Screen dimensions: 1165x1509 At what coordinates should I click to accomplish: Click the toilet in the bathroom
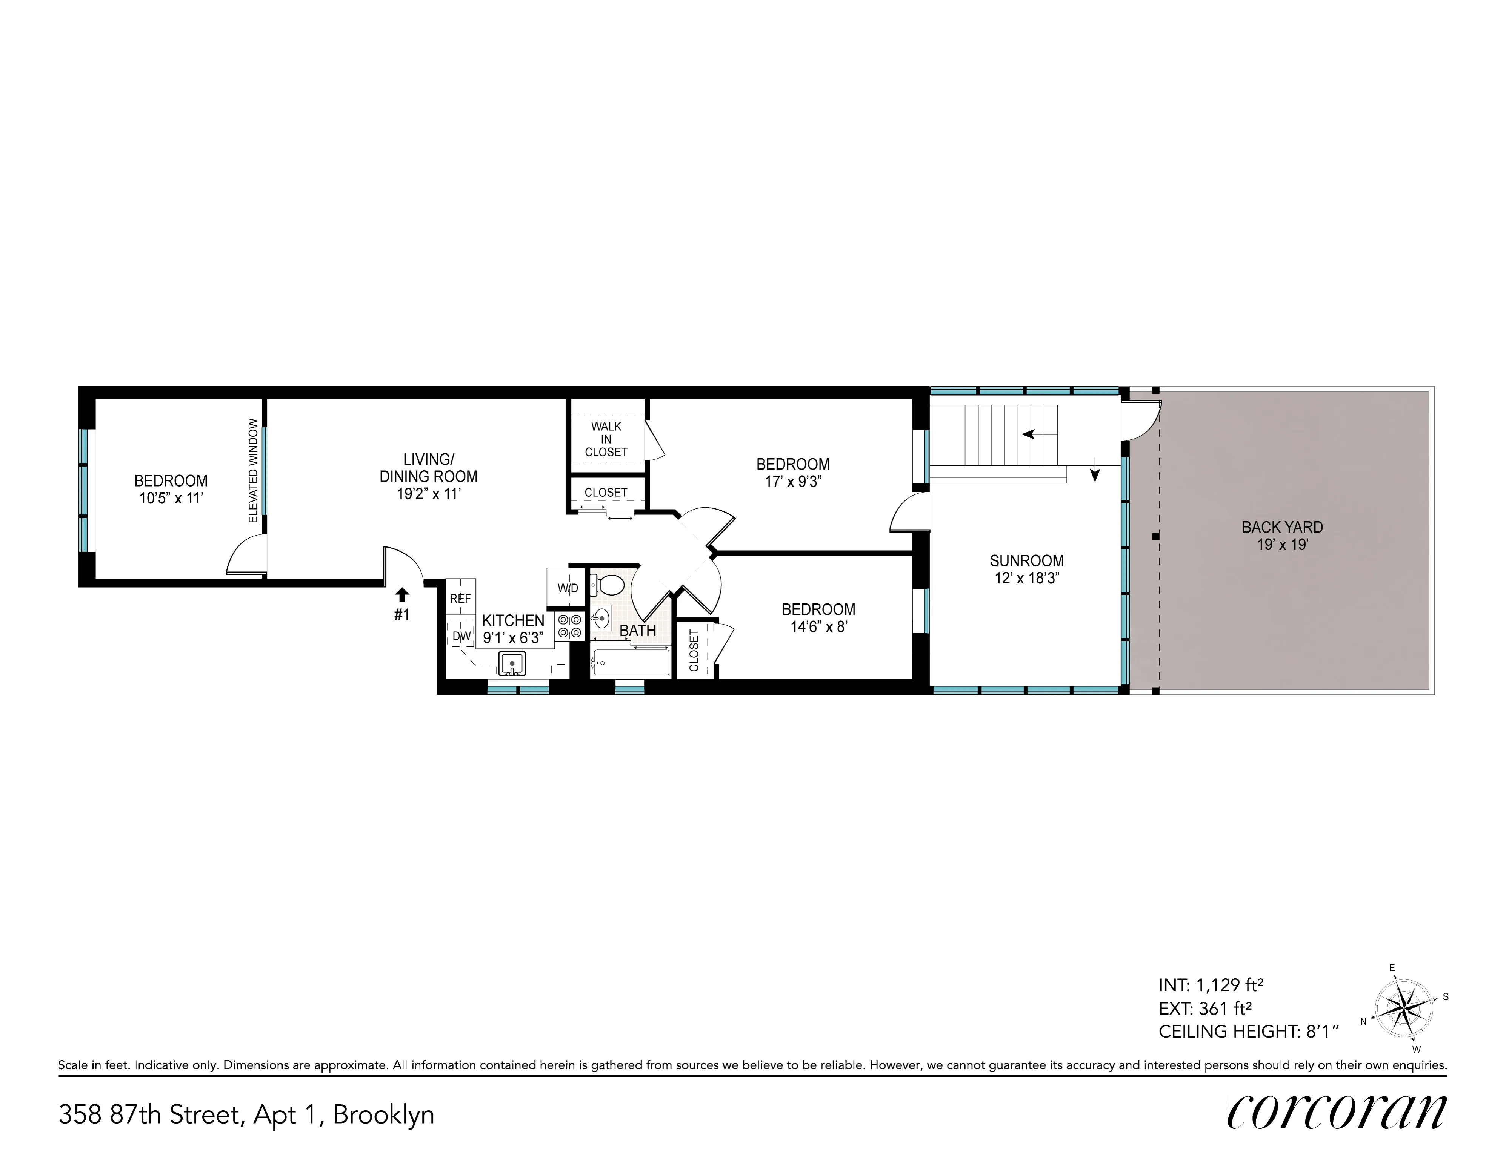[x=609, y=586]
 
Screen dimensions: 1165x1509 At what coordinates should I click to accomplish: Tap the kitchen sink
[x=512, y=664]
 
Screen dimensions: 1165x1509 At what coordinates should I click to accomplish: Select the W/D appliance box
[x=567, y=588]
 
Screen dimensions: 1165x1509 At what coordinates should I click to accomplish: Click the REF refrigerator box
[x=460, y=598]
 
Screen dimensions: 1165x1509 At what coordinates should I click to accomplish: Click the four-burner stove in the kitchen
[x=571, y=626]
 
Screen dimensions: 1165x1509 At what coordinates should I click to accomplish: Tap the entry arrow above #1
[x=402, y=595]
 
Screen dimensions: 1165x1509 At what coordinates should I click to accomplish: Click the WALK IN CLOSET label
[x=606, y=439]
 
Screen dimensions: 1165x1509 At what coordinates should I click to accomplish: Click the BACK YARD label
[x=1282, y=527]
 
